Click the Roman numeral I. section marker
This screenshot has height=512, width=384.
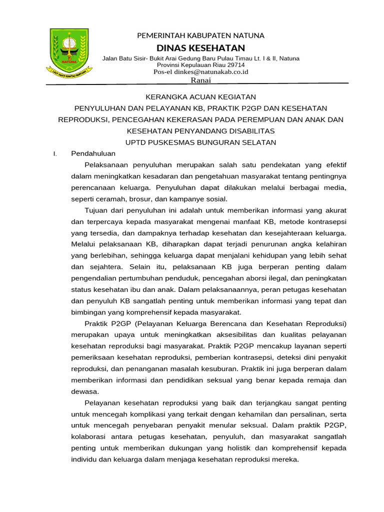click(55, 153)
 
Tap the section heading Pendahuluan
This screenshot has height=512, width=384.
click(93, 153)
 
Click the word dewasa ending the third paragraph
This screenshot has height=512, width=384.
click(85, 391)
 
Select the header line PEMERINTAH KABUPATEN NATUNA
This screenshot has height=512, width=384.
click(200, 35)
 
